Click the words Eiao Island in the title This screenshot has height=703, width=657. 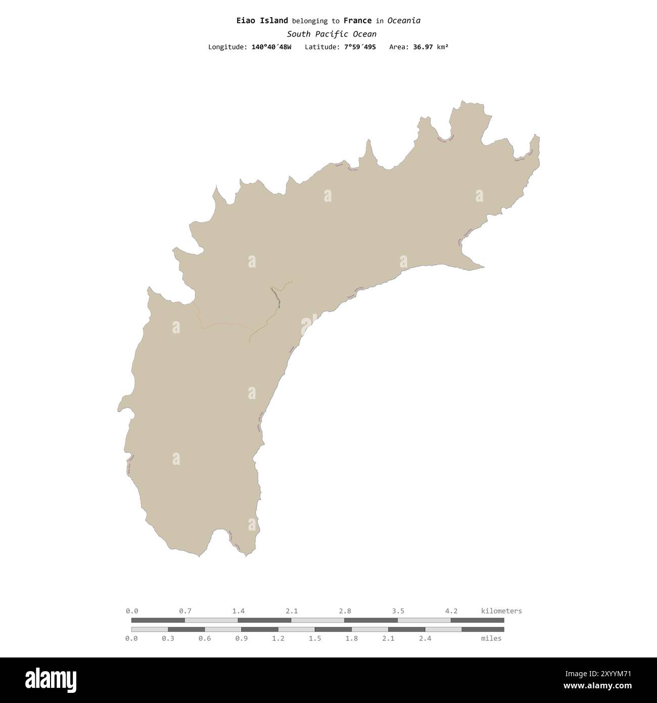tap(262, 21)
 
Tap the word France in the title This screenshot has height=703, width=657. tap(357, 21)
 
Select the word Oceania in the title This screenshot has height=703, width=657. tap(404, 21)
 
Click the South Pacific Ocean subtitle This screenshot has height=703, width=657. tap(331, 34)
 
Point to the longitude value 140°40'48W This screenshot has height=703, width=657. tap(271, 47)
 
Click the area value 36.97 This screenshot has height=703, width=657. tap(421, 47)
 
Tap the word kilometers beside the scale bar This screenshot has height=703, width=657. tap(501, 611)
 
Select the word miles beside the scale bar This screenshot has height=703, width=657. tap(491, 638)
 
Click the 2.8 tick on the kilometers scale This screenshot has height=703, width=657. tap(345, 611)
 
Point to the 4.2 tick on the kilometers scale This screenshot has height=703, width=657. tap(451, 611)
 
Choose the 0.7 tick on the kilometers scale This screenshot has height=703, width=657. tap(185, 611)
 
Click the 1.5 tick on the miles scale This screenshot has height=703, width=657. tap(315, 638)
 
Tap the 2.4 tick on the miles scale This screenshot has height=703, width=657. tap(425, 638)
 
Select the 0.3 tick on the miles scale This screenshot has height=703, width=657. tap(168, 638)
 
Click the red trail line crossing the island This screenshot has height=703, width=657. tap(227, 325)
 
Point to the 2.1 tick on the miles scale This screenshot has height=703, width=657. tap(388, 638)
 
